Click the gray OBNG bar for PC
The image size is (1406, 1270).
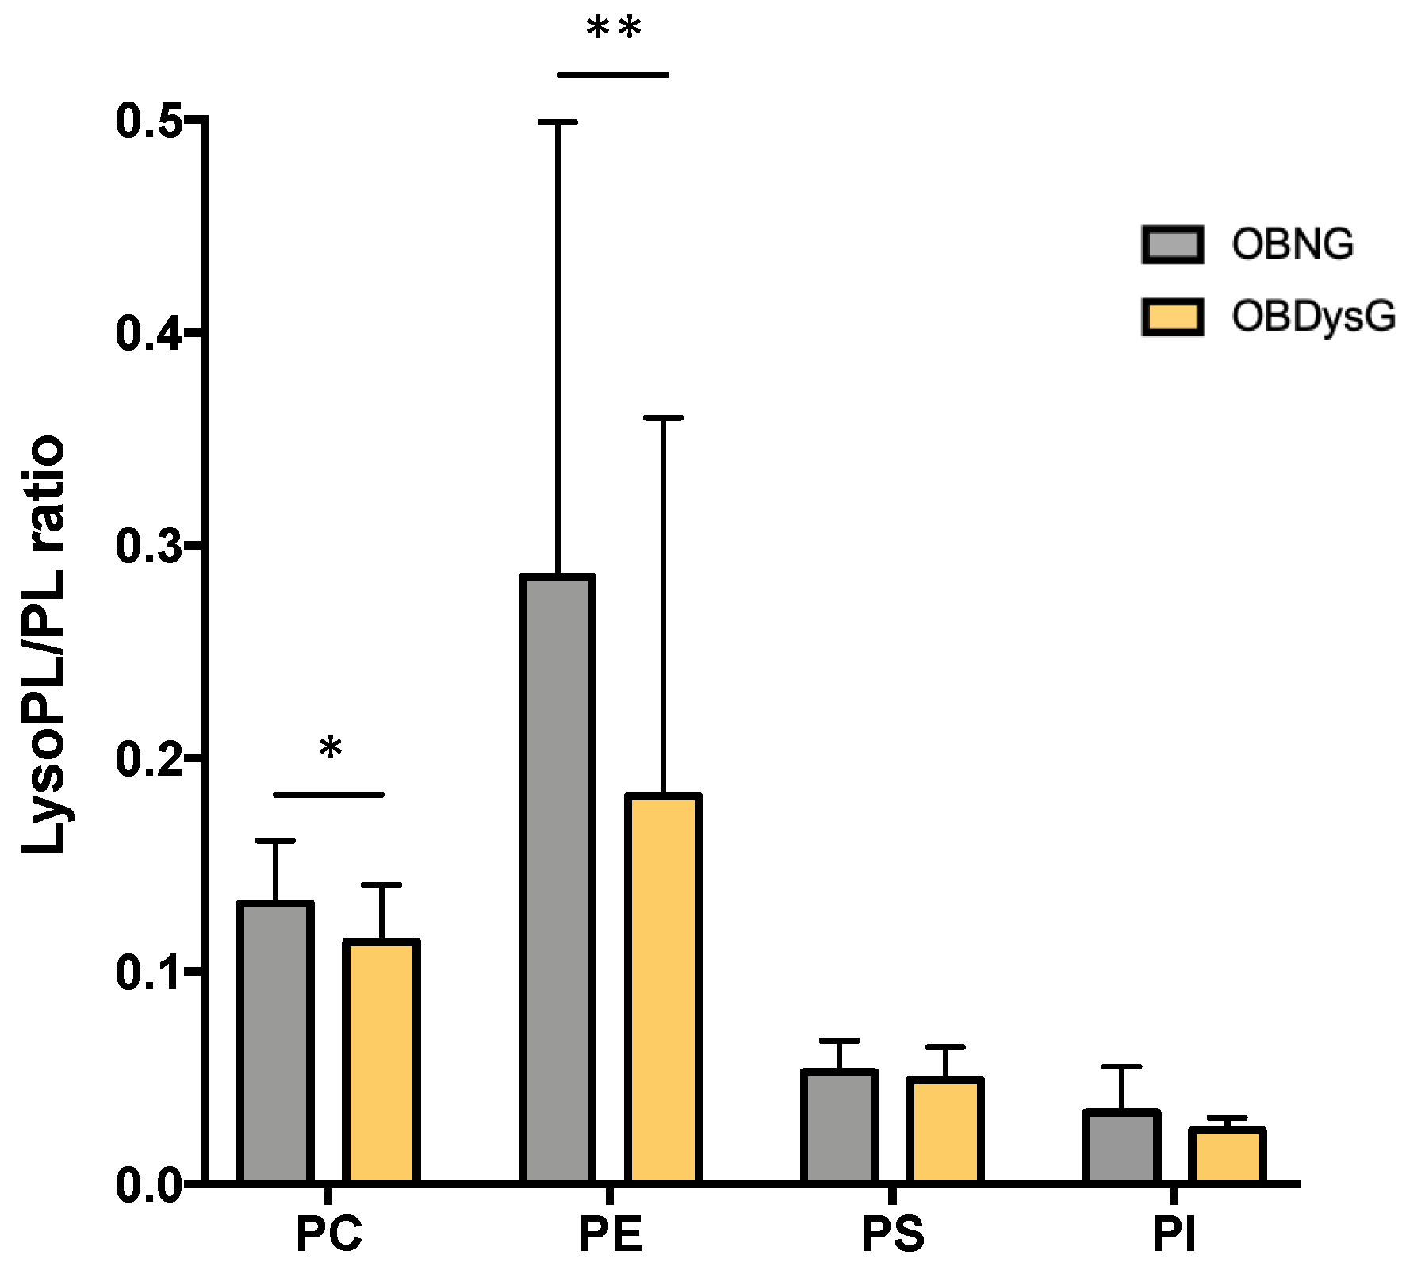[x=275, y=1042]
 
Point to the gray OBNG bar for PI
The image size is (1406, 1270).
[x=1121, y=1147]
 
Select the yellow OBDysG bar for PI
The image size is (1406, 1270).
[x=1227, y=1156]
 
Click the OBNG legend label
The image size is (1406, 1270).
[x=1293, y=244]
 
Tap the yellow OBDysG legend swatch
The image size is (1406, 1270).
[x=1173, y=317]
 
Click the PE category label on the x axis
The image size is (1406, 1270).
[x=610, y=1235]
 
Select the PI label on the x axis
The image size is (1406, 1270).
[x=1174, y=1235]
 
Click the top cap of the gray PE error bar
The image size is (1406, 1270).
[x=557, y=122]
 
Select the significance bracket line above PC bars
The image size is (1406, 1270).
[x=328, y=794]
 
